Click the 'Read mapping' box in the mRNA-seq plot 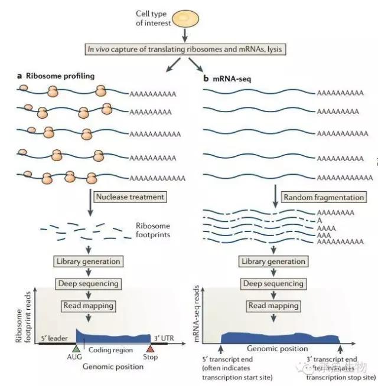[x=273, y=306]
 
